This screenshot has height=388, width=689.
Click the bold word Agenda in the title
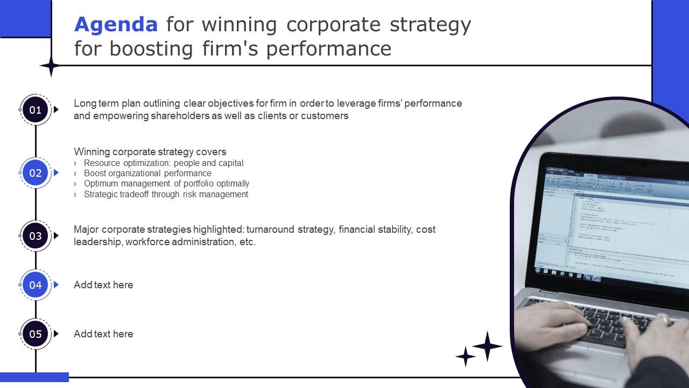[116, 25]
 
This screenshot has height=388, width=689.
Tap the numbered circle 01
[36, 110]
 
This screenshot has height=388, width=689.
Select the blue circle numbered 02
[36, 173]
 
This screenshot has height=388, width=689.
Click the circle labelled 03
[36, 235]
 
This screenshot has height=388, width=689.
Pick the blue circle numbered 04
[36, 285]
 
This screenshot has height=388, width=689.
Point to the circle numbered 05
[36, 334]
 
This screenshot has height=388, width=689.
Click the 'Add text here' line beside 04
[103, 285]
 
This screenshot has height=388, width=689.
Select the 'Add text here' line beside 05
[103, 334]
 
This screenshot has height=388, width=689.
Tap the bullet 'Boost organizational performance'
[147, 174]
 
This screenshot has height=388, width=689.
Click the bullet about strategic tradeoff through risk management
[166, 195]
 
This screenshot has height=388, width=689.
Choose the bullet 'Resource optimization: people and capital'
[164, 163]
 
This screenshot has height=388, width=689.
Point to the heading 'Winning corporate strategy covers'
[150, 151]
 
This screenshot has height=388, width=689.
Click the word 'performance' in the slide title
[329, 48]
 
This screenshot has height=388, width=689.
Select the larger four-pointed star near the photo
[487, 346]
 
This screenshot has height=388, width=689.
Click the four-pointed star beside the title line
[51, 66]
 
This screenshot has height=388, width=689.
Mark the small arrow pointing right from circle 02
[56, 173]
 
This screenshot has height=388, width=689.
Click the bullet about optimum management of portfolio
[166, 184]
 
